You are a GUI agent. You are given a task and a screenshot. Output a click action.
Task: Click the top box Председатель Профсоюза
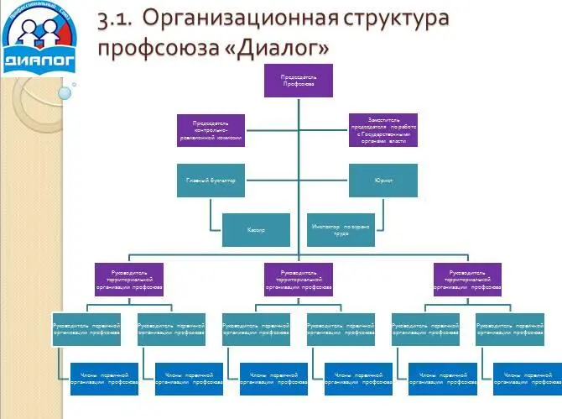tap(298, 80)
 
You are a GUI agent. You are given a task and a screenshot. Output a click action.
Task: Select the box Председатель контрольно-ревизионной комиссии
tap(211, 130)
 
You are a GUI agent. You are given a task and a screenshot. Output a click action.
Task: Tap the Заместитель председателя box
tap(383, 130)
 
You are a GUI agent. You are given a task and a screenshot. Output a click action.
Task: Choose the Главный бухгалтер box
tap(211, 181)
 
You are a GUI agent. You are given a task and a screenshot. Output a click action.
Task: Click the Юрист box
tap(383, 181)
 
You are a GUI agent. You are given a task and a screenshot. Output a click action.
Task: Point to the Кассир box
tap(255, 229)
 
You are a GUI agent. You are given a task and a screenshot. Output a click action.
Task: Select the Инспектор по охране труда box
tap(341, 229)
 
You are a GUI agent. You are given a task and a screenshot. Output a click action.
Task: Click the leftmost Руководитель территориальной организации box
tap(129, 280)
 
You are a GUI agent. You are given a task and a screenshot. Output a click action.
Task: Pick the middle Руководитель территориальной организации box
tap(298, 280)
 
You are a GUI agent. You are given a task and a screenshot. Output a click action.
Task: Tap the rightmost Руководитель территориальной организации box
tap(467, 280)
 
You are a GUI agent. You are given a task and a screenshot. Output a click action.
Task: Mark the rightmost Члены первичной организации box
tap(526, 378)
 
